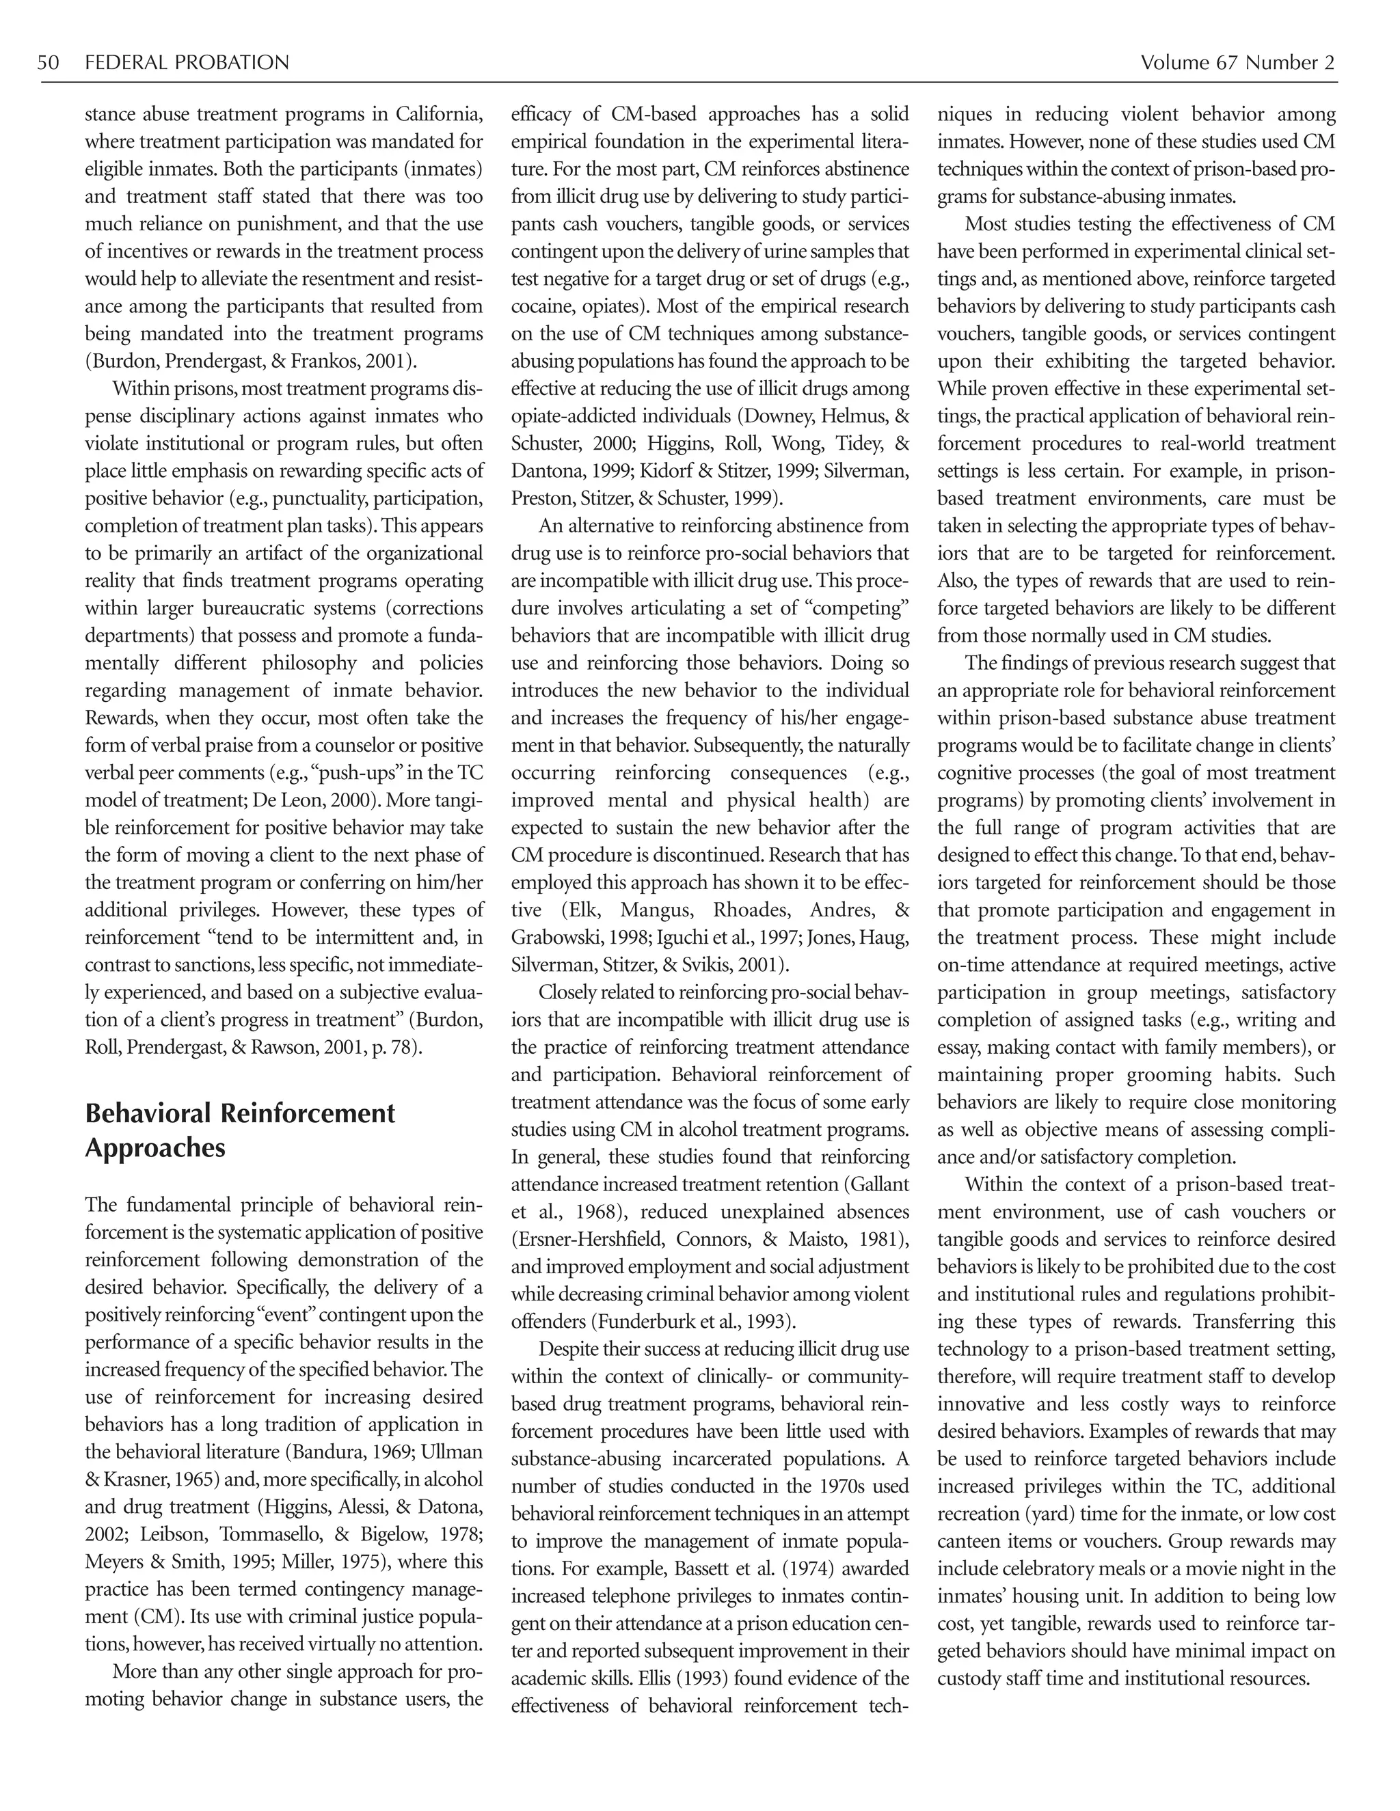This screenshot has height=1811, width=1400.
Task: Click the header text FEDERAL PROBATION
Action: coord(187,63)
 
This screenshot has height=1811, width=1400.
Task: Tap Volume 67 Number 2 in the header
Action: coord(1237,63)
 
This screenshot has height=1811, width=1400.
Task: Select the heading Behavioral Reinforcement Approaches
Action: coord(240,1130)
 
